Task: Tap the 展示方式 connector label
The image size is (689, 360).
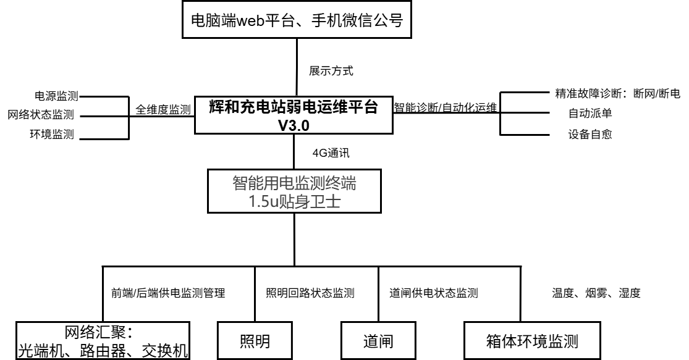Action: point(331,71)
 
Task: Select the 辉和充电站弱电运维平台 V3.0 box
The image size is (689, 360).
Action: point(293,114)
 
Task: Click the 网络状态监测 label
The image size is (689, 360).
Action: point(41,115)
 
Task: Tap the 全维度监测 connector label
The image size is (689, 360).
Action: point(163,109)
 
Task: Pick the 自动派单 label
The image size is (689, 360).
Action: point(590,114)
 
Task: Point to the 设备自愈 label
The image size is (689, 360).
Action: point(590,134)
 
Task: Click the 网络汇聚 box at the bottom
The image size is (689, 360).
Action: point(102,339)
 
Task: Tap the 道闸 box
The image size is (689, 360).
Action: point(377,340)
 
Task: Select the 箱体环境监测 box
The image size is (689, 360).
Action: point(532,340)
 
